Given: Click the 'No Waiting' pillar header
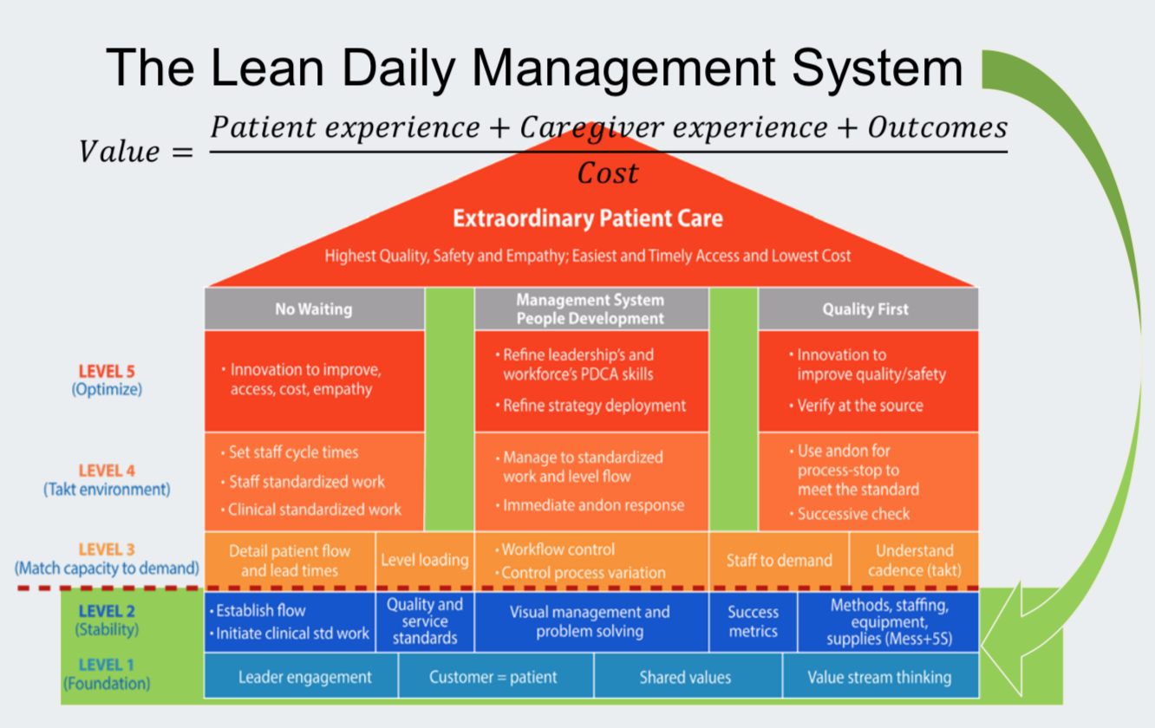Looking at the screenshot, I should coord(314,309).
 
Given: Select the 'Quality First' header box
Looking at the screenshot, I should coord(867,309).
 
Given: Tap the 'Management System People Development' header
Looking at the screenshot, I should coord(591,309).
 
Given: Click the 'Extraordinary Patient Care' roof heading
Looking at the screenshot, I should coord(588,218).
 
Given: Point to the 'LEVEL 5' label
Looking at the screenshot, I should coord(107,373).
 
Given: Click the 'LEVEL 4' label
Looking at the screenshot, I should coord(107,471).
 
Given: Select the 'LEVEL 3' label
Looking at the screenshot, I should coord(107,549).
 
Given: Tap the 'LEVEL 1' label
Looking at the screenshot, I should coord(107,665).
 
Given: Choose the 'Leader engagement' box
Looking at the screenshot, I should coord(304,677).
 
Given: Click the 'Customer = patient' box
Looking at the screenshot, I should coord(493,677).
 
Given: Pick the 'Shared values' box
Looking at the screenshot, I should coord(685,677).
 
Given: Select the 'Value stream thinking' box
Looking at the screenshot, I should coord(879,677).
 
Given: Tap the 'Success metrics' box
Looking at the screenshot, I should coord(753,621).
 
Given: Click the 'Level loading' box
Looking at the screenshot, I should coord(425,560).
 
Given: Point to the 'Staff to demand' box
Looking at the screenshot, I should coord(779,560).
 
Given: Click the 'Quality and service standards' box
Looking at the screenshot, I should coord(425,621).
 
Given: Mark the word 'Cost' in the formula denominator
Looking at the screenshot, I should coord(608,173).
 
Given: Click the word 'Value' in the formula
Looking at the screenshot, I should coord(120,152).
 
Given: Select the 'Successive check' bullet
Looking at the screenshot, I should coord(853,514).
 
